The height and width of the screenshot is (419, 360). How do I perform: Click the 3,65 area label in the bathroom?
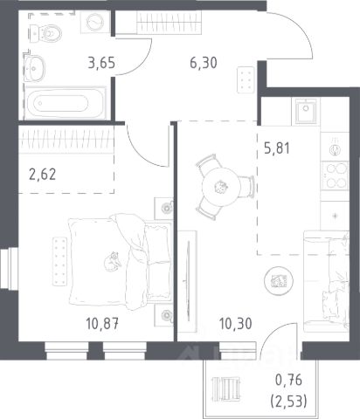pyautogui.click(x=101, y=63)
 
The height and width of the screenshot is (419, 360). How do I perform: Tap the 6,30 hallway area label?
pyautogui.click(x=204, y=63)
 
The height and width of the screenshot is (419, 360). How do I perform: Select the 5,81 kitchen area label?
pyautogui.click(x=277, y=148)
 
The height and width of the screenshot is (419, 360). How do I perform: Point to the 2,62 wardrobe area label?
pyautogui.click(x=43, y=175)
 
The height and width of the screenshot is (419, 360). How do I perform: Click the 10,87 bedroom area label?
pyautogui.click(x=102, y=323)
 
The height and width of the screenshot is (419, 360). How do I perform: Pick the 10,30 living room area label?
pyautogui.click(x=235, y=323)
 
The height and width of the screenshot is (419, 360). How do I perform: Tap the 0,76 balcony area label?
pyautogui.click(x=288, y=380)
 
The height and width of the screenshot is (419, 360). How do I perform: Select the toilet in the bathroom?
pyautogui.click(x=45, y=33)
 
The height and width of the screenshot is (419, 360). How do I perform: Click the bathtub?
pyautogui.click(x=65, y=103)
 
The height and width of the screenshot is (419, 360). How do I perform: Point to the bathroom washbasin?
pyautogui.click(x=34, y=68)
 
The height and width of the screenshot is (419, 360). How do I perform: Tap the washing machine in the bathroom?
pyautogui.click(x=95, y=22)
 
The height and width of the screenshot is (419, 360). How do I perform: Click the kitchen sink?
pyautogui.click(x=306, y=111)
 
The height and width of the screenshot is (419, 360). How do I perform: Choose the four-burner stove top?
pyautogui.click(x=336, y=175)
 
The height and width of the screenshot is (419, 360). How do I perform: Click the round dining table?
pyautogui.click(x=222, y=187)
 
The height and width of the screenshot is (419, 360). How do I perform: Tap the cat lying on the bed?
pyautogui.click(x=113, y=261)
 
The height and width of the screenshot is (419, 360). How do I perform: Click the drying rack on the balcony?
pyautogui.click(x=226, y=388)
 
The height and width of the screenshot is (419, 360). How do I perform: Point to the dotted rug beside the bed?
pyautogui.click(x=60, y=262)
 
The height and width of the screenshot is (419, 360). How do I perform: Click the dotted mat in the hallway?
pyautogui.click(x=246, y=79)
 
